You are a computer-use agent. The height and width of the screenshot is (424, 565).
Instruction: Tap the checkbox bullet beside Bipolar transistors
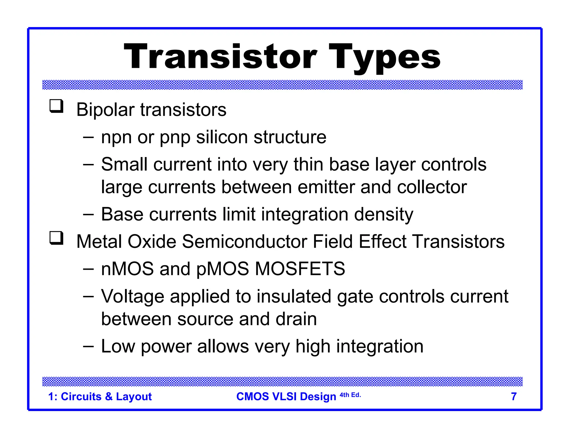pyautogui.click(x=56, y=106)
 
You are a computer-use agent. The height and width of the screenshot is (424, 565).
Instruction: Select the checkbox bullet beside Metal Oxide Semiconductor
pyautogui.click(x=56, y=238)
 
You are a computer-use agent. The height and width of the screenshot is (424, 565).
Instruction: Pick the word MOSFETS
pyautogui.click(x=300, y=269)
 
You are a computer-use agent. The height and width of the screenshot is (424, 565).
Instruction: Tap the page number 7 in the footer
pyautogui.click(x=514, y=397)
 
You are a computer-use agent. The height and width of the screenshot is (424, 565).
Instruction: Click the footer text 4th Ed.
pyautogui.click(x=350, y=395)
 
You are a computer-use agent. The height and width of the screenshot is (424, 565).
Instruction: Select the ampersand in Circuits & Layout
pyautogui.click(x=109, y=397)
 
